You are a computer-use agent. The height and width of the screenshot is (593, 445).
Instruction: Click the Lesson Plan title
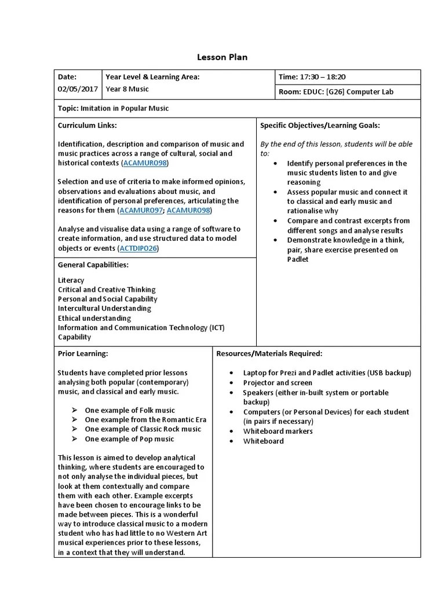222,57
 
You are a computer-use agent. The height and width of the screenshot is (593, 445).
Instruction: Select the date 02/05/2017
78,89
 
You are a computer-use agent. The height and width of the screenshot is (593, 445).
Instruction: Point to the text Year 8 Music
127,89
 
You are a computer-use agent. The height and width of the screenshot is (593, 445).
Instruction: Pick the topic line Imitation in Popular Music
114,108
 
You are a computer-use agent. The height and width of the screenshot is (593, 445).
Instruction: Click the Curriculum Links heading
87,125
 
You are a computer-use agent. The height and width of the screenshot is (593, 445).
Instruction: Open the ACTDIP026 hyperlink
138,248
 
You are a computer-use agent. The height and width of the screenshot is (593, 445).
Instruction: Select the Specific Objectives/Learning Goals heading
320,125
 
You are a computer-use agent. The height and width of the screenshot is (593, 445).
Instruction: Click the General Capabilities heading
93,265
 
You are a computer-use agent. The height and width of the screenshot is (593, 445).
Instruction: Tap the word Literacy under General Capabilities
71,280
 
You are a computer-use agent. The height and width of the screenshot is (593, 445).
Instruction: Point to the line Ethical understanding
94,318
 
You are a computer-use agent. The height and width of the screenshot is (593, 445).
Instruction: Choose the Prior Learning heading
82,353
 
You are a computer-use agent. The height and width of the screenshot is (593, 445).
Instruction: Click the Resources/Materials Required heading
269,353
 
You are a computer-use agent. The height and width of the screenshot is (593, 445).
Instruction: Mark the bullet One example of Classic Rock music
143,429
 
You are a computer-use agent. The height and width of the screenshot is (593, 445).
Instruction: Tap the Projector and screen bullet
278,383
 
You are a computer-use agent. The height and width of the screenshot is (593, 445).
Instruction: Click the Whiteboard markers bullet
278,431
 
